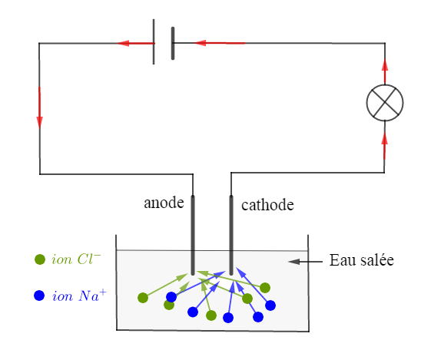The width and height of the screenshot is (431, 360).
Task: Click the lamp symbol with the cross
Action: [x=385, y=103]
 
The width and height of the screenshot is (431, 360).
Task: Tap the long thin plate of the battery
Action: [x=154, y=41]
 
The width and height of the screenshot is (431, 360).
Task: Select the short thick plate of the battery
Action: [x=173, y=43]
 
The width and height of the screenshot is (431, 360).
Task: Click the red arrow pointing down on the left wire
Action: [x=40, y=107]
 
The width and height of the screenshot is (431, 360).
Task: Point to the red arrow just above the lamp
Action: [x=385, y=71]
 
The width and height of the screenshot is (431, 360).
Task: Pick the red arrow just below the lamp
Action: [x=385, y=146]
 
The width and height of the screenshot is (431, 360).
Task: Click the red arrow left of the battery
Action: [x=135, y=43]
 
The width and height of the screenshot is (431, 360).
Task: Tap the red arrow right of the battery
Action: [x=219, y=43]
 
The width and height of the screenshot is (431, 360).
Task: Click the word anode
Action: [x=164, y=203]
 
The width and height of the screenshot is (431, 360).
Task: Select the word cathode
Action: [x=267, y=205]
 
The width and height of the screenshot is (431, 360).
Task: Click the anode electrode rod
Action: [x=193, y=235]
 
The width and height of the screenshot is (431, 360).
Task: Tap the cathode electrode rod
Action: [x=231, y=235]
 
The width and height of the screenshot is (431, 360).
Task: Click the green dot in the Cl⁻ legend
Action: [x=40, y=259]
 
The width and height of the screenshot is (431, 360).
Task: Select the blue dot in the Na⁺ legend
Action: [x=39, y=296]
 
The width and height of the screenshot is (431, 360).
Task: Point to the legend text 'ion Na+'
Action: [x=79, y=296]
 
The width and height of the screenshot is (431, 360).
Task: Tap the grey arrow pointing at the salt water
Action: [x=305, y=262]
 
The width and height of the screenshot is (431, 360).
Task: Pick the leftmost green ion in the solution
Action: [x=143, y=298]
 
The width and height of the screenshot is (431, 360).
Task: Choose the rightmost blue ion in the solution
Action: [x=270, y=306]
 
